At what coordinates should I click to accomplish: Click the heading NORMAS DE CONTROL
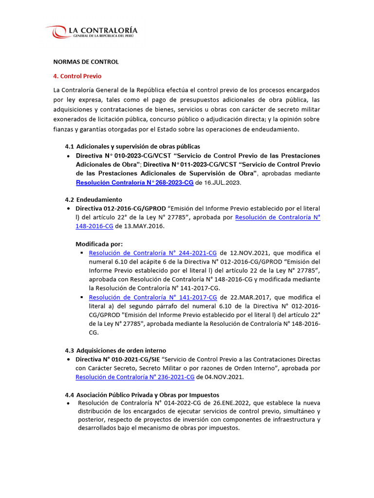(86, 62)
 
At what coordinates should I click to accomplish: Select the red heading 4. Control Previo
(77, 76)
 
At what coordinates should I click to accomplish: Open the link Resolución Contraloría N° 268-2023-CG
(134, 182)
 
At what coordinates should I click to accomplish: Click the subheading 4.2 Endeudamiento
(93, 199)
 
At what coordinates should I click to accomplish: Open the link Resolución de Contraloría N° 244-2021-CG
(153, 253)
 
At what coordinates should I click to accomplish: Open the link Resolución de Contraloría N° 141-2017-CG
(153, 297)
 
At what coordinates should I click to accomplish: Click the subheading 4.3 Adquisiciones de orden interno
(115, 350)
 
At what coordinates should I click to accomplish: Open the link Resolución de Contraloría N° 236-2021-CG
(135, 377)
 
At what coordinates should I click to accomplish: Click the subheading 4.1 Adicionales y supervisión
(132, 146)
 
